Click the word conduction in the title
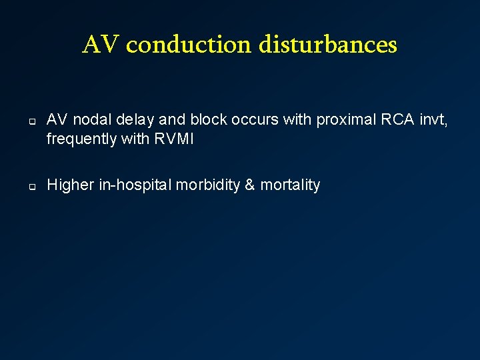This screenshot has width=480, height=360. (x=189, y=45)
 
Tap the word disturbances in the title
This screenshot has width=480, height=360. (x=327, y=45)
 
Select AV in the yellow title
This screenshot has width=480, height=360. (x=101, y=45)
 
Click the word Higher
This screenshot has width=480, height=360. (x=71, y=185)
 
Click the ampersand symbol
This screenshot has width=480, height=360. (x=250, y=185)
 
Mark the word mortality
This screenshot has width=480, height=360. (x=290, y=185)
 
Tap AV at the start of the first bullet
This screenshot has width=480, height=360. (x=56, y=120)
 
